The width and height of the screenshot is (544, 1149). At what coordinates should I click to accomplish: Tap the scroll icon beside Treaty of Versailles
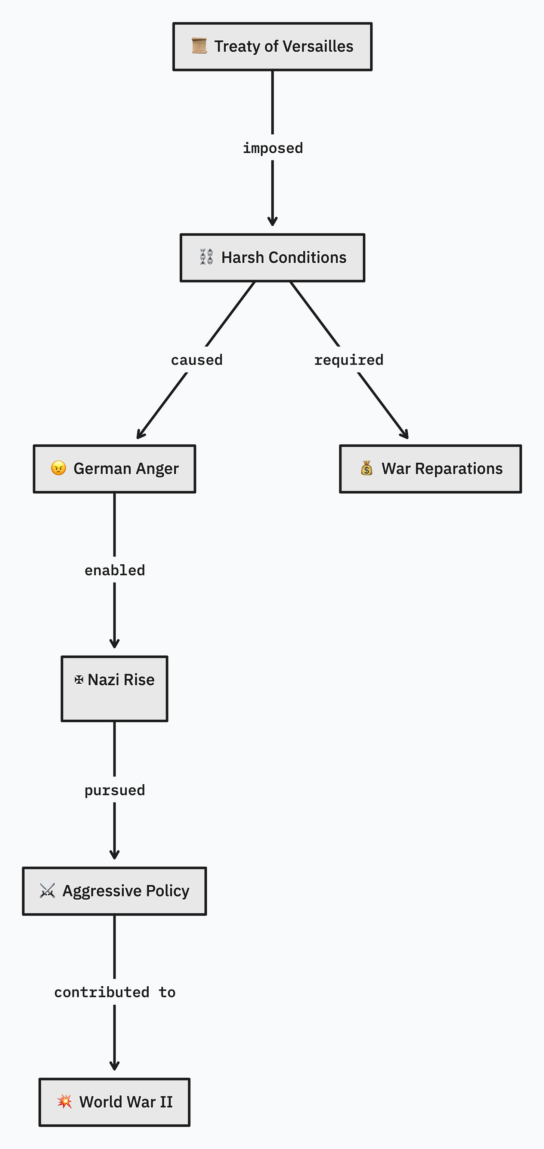click(199, 46)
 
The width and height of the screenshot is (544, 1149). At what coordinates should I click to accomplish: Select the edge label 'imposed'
click(273, 148)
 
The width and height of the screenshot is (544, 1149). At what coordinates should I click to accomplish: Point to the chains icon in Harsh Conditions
click(206, 257)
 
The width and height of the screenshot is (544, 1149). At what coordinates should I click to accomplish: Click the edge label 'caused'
click(197, 359)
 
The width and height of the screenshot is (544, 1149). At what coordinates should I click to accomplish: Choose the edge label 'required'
click(349, 359)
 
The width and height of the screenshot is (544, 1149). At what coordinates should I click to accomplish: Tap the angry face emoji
click(58, 468)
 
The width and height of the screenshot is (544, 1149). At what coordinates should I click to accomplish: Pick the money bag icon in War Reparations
click(366, 468)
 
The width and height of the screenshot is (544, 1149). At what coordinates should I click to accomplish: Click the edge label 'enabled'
click(114, 570)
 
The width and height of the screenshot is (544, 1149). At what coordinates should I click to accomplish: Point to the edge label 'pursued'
click(114, 790)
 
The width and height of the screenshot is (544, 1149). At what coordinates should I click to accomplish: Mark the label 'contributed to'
click(114, 992)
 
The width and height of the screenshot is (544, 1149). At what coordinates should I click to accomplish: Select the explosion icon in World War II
click(65, 1101)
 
